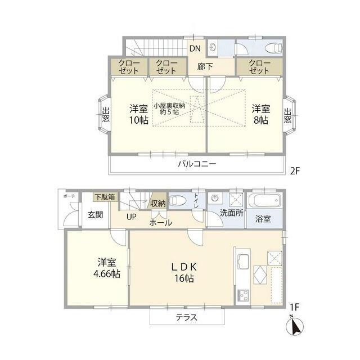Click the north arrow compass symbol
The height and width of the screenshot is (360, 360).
coord(295,326)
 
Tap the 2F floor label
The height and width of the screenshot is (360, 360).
coord(295,171)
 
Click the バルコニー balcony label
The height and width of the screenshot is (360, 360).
coord(197,164)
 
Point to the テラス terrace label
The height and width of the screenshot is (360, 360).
coord(186,317)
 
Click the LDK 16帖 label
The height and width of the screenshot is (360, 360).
coord(184,273)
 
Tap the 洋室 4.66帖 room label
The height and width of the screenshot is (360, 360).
coord(107,268)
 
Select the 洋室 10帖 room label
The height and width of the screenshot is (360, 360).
coord(139,114)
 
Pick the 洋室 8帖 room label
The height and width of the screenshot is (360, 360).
coord(261,114)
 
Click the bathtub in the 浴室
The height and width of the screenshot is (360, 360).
coord(265,200)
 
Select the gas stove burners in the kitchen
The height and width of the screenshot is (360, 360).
coord(243,295)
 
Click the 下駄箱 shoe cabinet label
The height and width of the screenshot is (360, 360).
coord(105,197)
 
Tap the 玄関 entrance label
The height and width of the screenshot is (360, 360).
coord(95,215)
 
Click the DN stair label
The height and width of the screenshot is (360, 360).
coord(195,48)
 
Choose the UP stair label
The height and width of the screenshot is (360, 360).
coord(131,217)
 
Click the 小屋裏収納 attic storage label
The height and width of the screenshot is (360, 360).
coord(169,109)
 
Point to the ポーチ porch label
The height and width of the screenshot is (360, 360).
coord(69,196)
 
